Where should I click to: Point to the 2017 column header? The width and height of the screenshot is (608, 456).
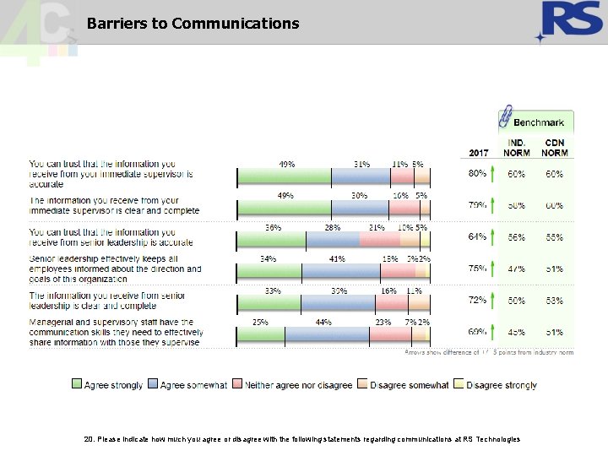click(x=478, y=153)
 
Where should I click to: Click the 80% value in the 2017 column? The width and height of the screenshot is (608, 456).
click(x=477, y=173)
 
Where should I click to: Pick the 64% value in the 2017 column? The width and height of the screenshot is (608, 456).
click(x=477, y=237)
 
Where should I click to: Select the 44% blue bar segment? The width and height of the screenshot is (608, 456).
click(x=327, y=337)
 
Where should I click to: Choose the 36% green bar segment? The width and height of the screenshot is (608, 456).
click(x=272, y=240)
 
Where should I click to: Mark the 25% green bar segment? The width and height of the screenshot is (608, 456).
click(x=261, y=337)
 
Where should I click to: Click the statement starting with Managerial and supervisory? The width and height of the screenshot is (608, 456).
click(x=114, y=332)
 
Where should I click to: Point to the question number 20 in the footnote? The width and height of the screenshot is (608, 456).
click(x=90, y=439)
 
